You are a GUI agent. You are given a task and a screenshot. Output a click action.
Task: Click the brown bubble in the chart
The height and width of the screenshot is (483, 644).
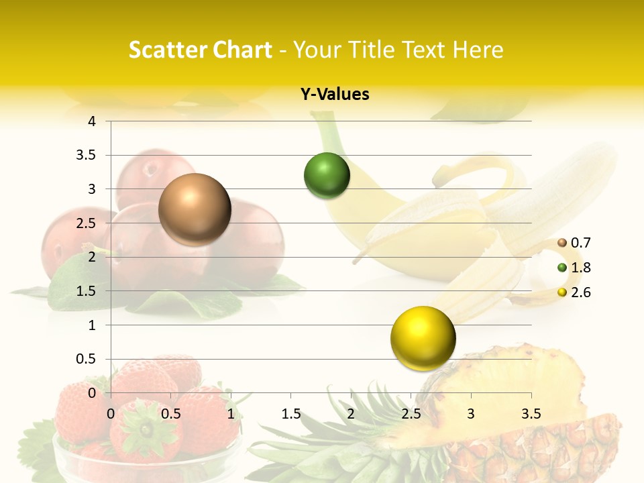pyautogui.click(x=195, y=209)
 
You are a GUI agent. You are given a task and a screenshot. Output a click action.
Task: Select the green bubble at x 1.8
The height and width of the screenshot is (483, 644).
pyautogui.click(x=327, y=176)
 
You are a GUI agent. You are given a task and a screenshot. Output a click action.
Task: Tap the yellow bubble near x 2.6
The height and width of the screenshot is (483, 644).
pyautogui.click(x=423, y=338)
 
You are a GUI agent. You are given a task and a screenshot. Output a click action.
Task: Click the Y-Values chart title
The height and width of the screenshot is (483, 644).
pyautogui.click(x=335, y=95)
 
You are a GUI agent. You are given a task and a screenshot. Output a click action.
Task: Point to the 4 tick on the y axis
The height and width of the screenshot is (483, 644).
pyautogui.click(x=92, y=121)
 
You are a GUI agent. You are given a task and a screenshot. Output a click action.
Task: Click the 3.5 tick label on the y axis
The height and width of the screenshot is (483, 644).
pyautogui.click(x=87, y=156)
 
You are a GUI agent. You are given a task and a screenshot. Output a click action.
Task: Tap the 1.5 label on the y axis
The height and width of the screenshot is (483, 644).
pyautogui.click(x=87, y=291)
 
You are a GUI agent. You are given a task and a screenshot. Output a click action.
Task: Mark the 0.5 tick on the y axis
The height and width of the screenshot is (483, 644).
pyautogui.click(x=87, y=360)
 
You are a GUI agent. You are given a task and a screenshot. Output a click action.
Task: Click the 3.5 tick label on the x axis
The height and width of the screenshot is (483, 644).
pyautogui.click(x=531, y=414)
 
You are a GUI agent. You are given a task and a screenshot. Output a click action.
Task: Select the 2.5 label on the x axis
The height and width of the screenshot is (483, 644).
pyautogui.click(x=411, y=414)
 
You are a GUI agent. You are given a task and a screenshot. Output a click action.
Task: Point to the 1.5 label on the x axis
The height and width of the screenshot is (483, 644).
pyautogui.click(x=291, y=414)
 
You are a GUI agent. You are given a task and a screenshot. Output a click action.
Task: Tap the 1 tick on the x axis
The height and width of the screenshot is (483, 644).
pyautogui.click(x=231, y=414)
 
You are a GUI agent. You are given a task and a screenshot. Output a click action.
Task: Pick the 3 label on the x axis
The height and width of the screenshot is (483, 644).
pyautogui.click(x=471, y=414)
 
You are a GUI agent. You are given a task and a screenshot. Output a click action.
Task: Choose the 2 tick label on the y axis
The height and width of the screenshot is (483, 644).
pyautogui.click(x=92, y=257)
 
